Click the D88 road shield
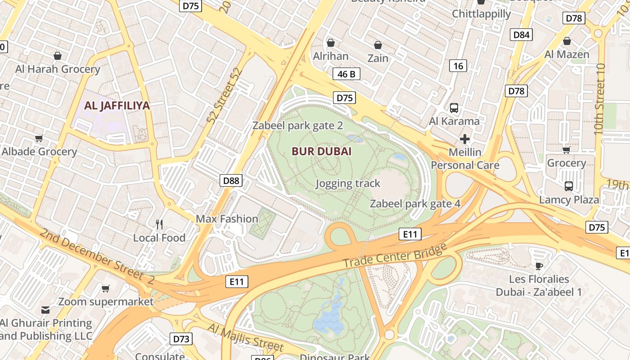[232, 181]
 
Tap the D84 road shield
[521, 35]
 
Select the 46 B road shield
[346, 74]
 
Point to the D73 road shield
[181, 339]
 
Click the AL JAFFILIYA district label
[117, 106]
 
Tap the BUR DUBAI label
[321, 151]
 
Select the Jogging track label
[348, 183]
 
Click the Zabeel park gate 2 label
[297, 126]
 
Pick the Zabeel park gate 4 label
[415, 204]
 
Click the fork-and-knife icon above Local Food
[159, 224]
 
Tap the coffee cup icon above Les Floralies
[539, 265]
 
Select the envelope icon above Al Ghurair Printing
[45, 310]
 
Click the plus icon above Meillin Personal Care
[465, 139]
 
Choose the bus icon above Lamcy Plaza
[569, 186]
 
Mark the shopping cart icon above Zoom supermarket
[105, 288]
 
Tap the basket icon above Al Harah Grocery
[58, 56]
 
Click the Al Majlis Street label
[246, 337]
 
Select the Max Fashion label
[227, 219]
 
